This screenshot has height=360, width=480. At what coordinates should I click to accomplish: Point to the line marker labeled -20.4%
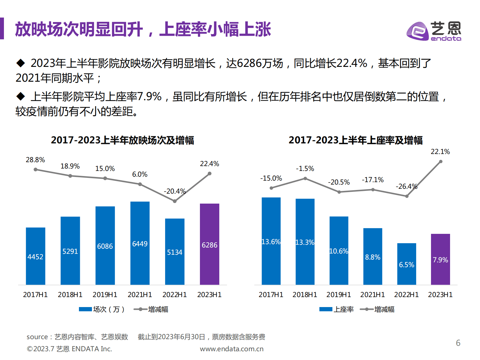click(x=175, y=201)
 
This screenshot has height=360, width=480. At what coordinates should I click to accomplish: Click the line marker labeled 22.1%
click(x=441, y=162)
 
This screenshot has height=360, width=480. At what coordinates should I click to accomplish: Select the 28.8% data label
click(x=35, y=160)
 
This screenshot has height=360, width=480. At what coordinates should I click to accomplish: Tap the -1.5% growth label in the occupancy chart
click(x=305, y=169)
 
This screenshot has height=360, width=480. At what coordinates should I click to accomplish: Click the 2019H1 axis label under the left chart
click(x=105, y=295)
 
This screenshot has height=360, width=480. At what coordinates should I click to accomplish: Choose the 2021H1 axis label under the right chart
click(x=372, y=295)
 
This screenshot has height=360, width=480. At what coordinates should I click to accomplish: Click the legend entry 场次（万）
click(x=102, y=309)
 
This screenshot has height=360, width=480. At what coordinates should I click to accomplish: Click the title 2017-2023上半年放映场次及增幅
click(x=122, y=140)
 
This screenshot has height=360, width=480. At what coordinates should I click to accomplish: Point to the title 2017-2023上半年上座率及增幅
click(x=355, y=140)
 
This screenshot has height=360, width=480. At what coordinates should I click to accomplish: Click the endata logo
click(x=434, y=31)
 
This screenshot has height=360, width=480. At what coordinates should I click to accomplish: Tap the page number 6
click(x=458, y=343)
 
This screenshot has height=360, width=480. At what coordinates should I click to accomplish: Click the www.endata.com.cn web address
click(x=232, y=349)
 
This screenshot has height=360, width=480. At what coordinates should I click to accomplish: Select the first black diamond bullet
click(x=21, y=63)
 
